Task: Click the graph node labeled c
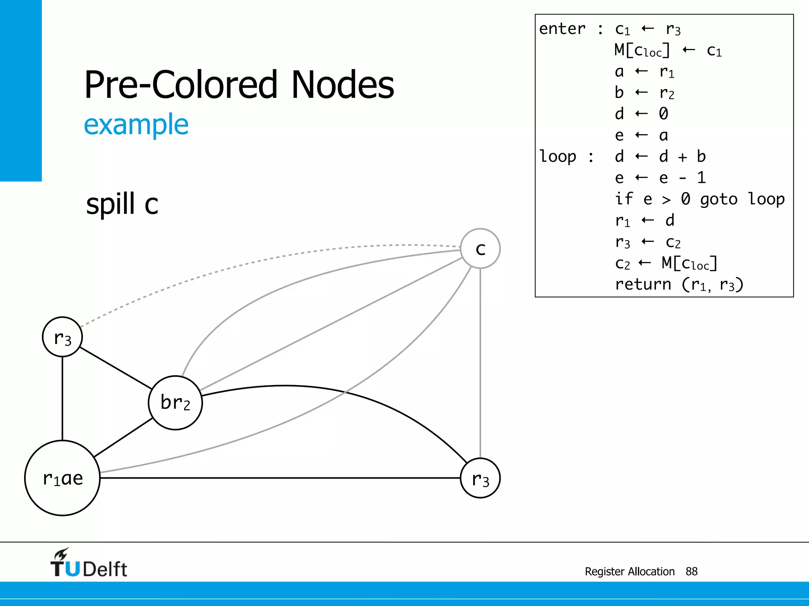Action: point(480,249)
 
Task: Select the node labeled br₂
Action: point(175,402)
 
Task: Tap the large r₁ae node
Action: point(62,478)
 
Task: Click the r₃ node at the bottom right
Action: point(480,478)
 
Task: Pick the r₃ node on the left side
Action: point(62,337)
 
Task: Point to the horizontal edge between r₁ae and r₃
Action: point(277,478)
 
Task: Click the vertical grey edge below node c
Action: point(480,363)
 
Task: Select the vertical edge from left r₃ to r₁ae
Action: point(62,398)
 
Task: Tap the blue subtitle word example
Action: point(136,125)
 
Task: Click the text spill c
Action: point(122,204)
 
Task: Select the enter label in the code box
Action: point(562,29)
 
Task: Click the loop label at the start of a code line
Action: point(558,157)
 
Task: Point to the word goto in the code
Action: point(719,199)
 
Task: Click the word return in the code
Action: point(643,284)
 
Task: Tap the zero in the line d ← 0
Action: point(664,114)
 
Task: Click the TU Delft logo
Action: point(88,563)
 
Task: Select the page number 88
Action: point(691,571)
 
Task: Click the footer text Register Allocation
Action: point(629,571)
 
